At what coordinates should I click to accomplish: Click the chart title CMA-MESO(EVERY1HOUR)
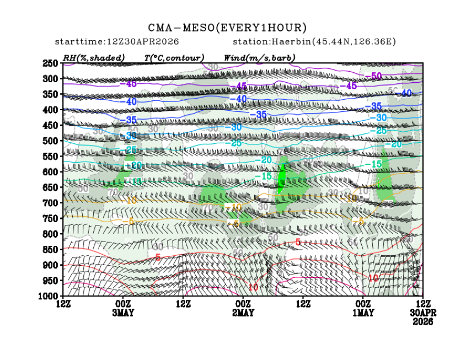point(227,28)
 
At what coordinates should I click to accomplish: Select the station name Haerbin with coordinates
point(314,42)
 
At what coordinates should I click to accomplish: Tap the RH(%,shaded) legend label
point(94,57)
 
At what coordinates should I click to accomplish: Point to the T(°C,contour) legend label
point(174,57)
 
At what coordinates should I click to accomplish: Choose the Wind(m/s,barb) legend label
point(259,57)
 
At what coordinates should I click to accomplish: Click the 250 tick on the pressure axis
point(51,63)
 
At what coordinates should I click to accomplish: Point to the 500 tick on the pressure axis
point(51,141)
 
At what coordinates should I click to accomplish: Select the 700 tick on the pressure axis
point(51,203)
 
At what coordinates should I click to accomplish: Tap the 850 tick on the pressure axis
point(51,250)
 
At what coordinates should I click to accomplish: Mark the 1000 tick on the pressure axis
point(50,296)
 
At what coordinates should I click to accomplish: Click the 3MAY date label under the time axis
point(122,313)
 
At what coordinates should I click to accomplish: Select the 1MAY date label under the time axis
point(363,313)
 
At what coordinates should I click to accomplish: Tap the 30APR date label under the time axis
point(423,313)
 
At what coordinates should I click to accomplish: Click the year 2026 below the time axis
point(423,321)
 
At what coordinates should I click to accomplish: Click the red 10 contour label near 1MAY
point(373,278)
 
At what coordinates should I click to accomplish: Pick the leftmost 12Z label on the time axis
point(63,304)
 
